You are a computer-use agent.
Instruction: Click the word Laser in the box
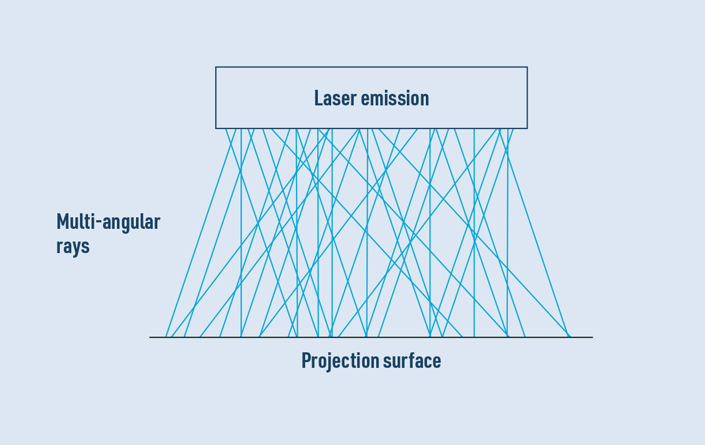[x=335, y=98]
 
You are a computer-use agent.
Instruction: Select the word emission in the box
[x=394, y=98]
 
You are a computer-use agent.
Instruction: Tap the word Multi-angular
[x=108, y=222]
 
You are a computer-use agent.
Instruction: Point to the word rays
[x=73, y=246]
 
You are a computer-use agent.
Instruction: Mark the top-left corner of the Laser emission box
[x=216, y=67]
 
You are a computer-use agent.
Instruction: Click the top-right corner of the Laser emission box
[x=527, y=67]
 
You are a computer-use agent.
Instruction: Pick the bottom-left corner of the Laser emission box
[x=216, y=128]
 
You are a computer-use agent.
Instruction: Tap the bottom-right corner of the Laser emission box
[x=527, y=128]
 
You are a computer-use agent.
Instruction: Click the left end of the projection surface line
[x=150, y=337]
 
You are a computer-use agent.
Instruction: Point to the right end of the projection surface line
[x=593, y=337]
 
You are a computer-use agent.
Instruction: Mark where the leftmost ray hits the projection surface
[x=166, y=337]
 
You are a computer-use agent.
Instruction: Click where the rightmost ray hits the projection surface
[x=570, y=337]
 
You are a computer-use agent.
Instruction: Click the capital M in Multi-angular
[x=63, y=222]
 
